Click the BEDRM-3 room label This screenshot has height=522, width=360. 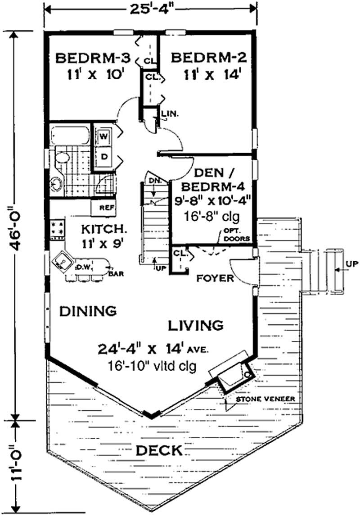(x=93, y=58)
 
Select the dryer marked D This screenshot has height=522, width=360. (x=103, y=156)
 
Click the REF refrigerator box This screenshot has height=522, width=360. (x=104, y=208)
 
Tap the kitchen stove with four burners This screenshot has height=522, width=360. (x=57, y=227)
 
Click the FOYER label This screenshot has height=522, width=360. (x=216, y=278)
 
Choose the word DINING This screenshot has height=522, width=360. (x=88, y=311)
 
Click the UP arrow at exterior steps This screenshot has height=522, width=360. (x=348, y=264)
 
